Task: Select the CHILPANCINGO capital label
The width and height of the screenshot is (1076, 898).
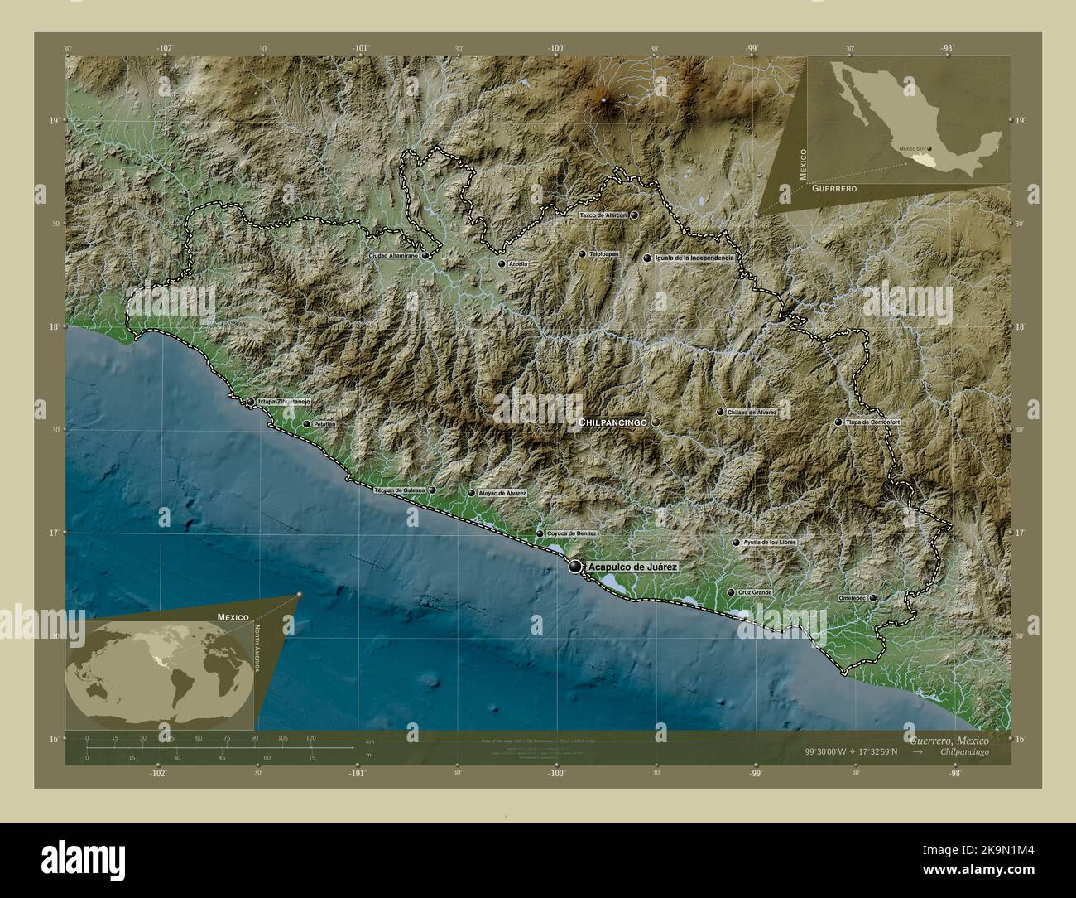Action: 613,422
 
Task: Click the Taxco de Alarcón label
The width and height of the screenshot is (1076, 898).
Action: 603,215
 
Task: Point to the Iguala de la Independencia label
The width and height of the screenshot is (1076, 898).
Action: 694,258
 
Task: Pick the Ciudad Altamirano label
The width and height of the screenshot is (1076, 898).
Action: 393,256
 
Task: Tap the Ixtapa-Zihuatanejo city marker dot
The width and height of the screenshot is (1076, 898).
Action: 251,402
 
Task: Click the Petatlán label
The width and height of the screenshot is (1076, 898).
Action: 324,424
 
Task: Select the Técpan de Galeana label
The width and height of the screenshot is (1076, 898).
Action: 399,490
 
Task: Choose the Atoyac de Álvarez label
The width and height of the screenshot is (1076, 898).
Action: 502,493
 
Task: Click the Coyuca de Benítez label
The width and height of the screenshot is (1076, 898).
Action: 572,533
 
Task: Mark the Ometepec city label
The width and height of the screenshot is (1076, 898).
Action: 852,597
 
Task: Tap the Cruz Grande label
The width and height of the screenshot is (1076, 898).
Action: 755,593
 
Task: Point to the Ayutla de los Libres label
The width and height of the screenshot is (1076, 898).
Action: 770,543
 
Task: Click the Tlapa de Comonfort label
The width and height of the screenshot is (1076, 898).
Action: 872,422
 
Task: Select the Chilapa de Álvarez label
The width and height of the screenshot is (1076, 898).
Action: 752,412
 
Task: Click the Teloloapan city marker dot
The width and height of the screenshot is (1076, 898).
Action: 583,254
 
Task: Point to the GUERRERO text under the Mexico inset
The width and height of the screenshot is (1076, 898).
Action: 833,190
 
